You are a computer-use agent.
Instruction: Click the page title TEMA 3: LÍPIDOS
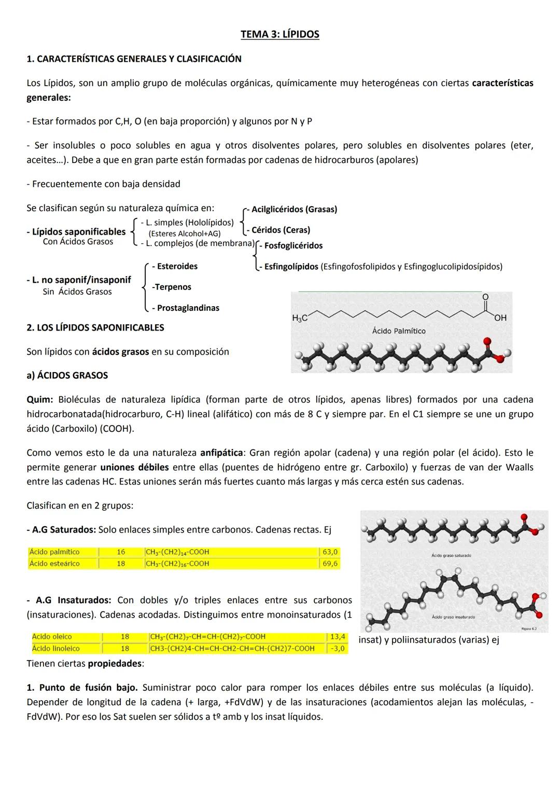(x=280, y=35)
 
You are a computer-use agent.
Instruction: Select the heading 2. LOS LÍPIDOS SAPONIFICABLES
(x=95, y=328)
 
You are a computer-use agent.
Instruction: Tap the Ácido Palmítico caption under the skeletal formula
(x=399, y=331)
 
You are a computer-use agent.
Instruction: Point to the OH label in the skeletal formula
(x=500, y=318)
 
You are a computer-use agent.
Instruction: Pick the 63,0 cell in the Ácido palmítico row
(x=330, y=552)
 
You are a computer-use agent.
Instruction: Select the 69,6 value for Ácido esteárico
(x=330, y=564)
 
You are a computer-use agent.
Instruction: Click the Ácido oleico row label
(x=52, y=637)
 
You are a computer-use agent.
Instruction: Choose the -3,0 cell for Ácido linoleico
(x=337, y=649)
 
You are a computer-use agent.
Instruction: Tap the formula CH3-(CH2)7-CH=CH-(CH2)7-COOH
(x=207, y=637)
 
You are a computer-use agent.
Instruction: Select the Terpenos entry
(x=172, y=288)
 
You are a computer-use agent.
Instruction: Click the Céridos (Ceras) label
(x=281, y=230)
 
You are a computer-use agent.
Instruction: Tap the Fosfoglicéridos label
(x=293, y=246)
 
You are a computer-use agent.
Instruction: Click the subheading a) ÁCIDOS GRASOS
(x=67, y=376)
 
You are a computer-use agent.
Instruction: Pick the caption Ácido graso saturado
(x=451, y=556)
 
